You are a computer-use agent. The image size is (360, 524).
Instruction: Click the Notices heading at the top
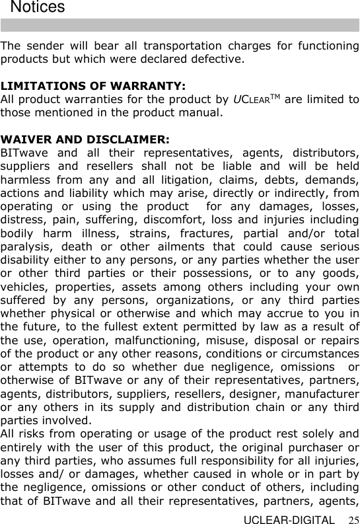click(x=38, y=8)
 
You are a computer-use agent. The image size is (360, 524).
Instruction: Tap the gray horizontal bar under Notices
click(x=180, y=26)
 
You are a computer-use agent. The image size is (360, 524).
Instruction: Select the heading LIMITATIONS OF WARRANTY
click(x=93, y=86)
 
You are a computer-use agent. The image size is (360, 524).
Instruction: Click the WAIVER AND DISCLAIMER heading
click(x=85, y=139)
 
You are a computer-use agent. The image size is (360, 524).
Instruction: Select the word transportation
click(x=180, y=46)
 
